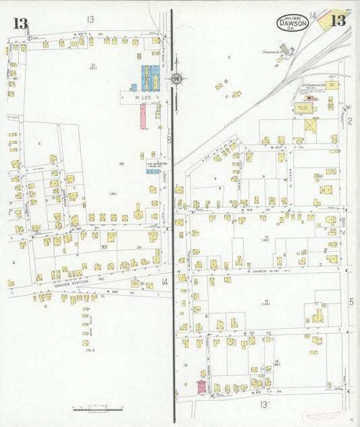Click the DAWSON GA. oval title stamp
291,24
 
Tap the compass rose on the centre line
176,79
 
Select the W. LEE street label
144,97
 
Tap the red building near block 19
201,386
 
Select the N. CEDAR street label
289,168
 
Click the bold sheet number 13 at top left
21,24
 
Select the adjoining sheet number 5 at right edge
351,301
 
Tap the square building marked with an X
311,126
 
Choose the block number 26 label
122,164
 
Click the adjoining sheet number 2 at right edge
351,121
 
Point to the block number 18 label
277,363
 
